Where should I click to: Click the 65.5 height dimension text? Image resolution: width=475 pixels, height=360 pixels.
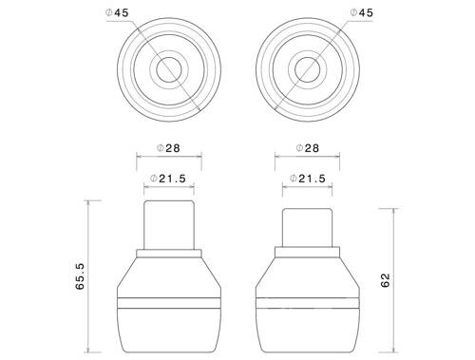(81, 275)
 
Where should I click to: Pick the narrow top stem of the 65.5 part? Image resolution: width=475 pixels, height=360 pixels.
(170, 223)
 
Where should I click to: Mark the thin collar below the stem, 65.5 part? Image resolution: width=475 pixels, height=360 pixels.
(170, 253)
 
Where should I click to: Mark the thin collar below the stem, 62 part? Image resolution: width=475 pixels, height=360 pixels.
(307, 253)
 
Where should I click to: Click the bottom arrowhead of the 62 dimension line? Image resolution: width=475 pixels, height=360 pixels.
(391, 347)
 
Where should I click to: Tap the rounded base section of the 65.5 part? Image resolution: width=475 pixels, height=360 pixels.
(170, 328)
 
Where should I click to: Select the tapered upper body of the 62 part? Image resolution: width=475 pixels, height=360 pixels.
(307, 275)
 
